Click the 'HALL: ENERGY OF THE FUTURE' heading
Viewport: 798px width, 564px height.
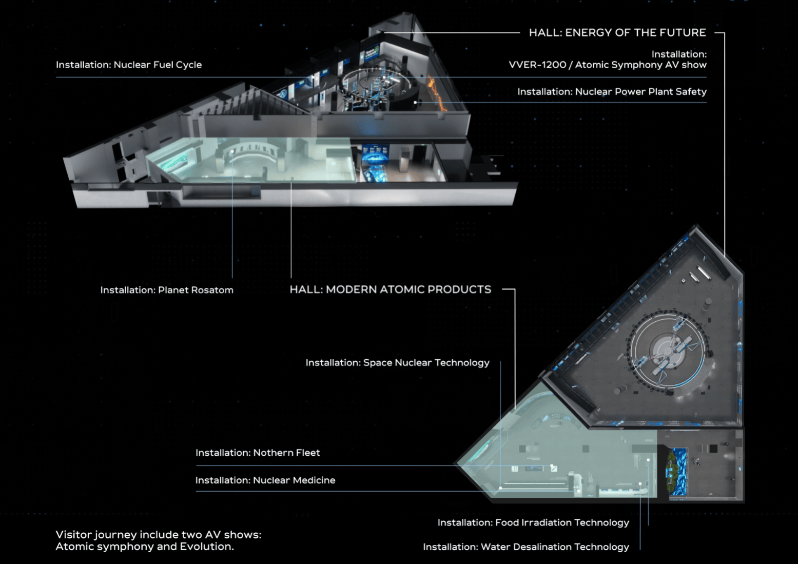(x=617, y=33)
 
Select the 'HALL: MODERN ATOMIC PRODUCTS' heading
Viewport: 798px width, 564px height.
(x=390, y=289)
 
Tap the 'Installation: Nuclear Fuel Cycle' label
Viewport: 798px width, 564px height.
(x=129, y=65)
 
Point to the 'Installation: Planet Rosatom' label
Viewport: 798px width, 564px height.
(x=167, y=290)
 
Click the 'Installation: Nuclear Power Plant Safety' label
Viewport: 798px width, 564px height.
(x=612, y=92)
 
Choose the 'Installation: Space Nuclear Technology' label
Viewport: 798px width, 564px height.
(x=397, y=363)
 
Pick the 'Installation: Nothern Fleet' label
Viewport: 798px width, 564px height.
(x=258, y=453)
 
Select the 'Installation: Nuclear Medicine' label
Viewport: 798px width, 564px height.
(x=265, y=480)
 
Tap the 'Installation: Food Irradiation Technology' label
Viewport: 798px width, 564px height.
(x=533, y=522)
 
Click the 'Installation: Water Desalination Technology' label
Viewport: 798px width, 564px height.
(x=526, y=547)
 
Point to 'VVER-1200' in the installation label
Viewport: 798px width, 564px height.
(x=537, y=65)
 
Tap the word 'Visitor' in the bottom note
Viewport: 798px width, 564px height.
(x=74, y=535)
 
